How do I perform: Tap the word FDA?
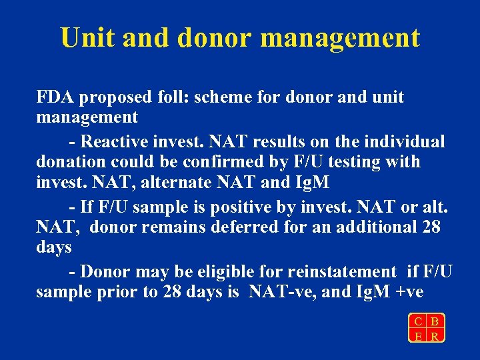55,97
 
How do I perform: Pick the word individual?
406,141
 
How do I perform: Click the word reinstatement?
341,271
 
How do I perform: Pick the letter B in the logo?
435,321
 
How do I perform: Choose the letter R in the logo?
435,335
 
